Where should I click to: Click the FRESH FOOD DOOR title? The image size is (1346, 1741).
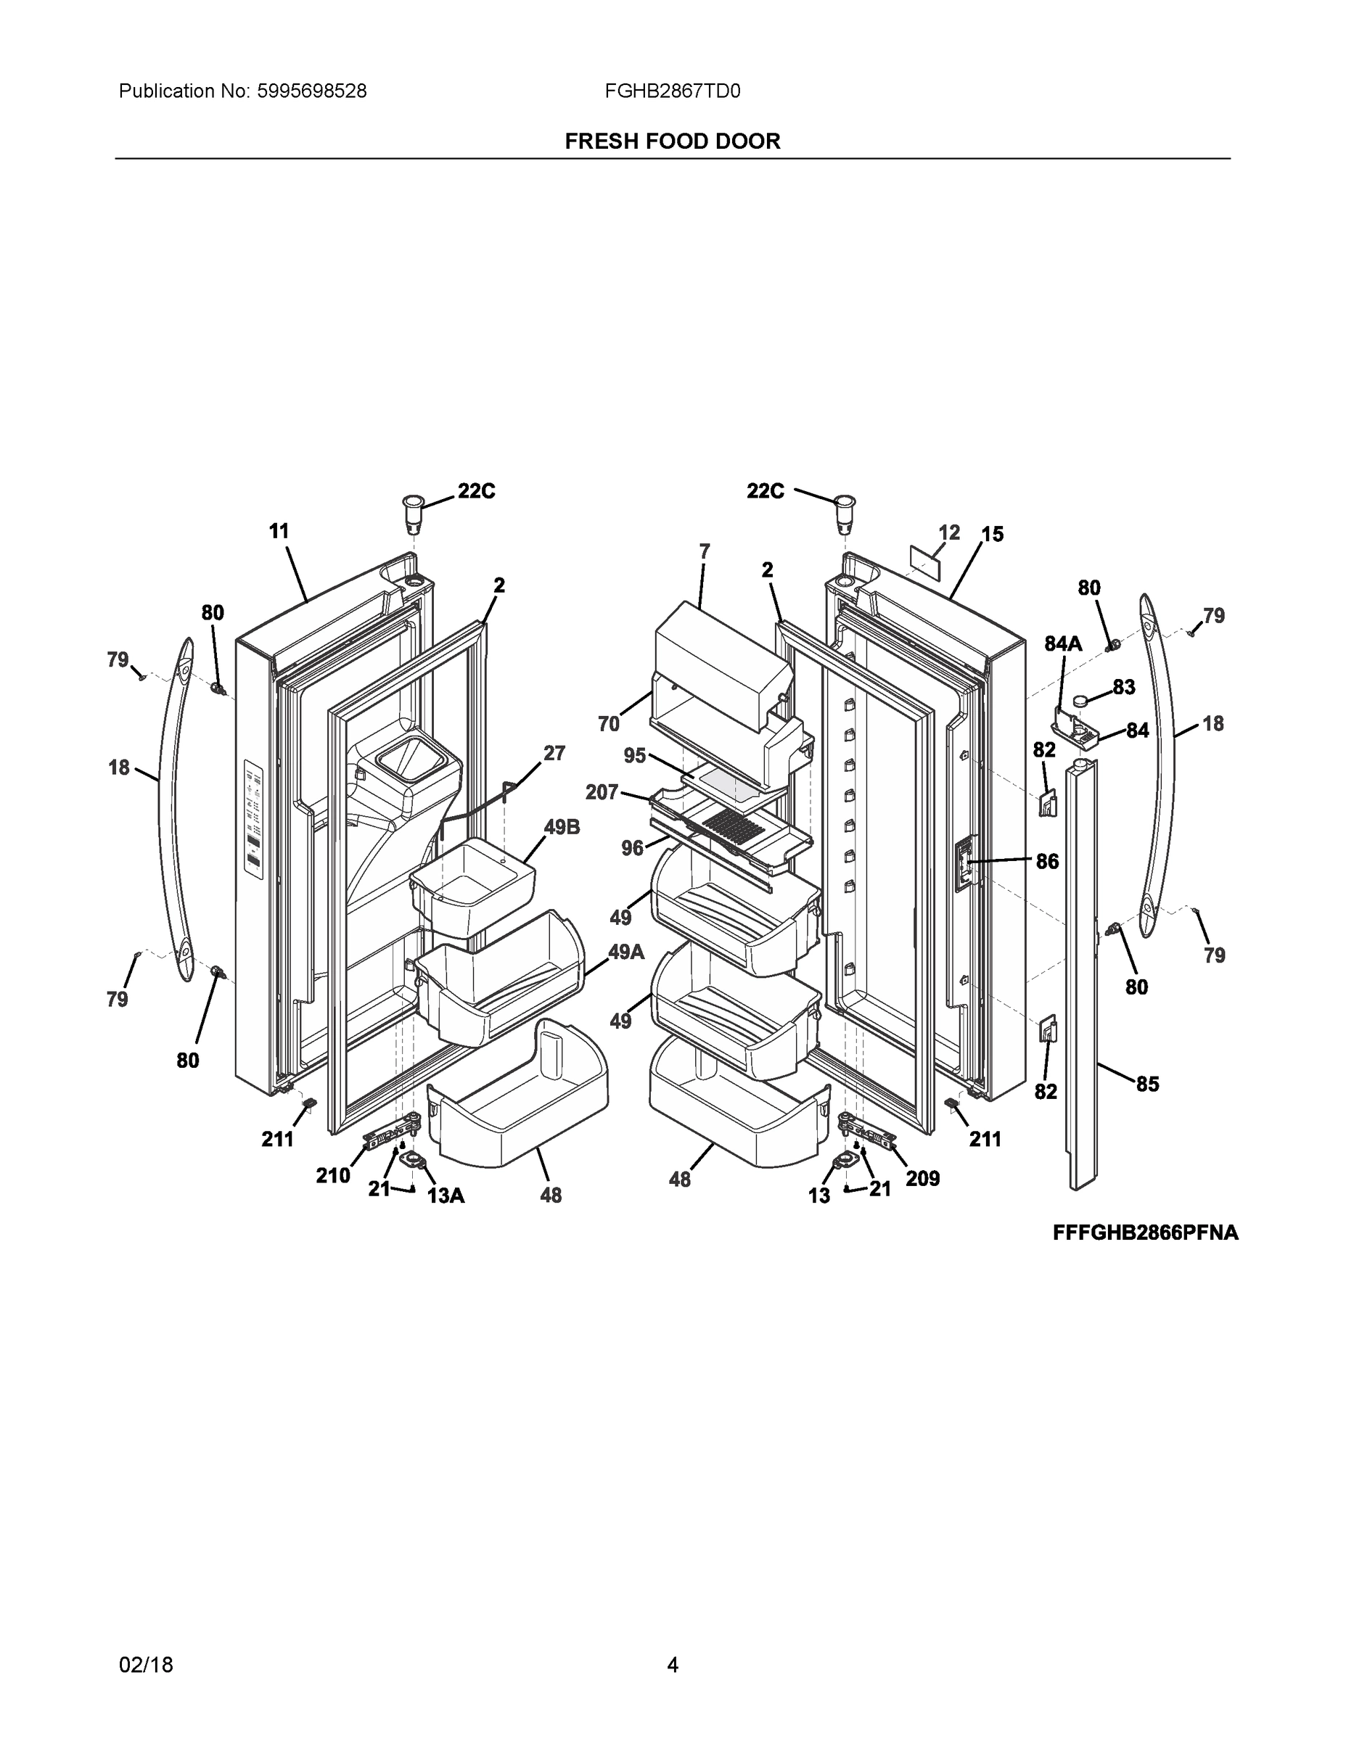click(672, 141)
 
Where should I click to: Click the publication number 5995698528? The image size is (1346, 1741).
click(311, 91)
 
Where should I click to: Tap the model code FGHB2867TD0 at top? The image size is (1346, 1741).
click(672, 91)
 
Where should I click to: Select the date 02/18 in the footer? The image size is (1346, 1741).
click(146, 1665)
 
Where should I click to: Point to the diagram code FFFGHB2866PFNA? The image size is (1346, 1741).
click(1145, 1232)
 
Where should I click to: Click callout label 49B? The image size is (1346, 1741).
click(562, 828)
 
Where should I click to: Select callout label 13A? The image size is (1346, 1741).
click(446, 1195)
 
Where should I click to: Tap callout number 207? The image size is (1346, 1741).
click(602, 791)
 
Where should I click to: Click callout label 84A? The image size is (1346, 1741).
click(1063, 643)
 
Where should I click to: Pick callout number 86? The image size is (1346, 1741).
click(1047, 861)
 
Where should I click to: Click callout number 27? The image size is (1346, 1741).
click(554, 753)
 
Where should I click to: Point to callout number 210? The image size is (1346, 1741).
click(332, 1175)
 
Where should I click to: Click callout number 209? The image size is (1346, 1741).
click(922, 1178)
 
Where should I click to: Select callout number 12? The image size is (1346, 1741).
click(949, 532)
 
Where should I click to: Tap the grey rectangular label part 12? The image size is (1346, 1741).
click(926, 562)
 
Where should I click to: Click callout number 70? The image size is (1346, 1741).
click(608, 724)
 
